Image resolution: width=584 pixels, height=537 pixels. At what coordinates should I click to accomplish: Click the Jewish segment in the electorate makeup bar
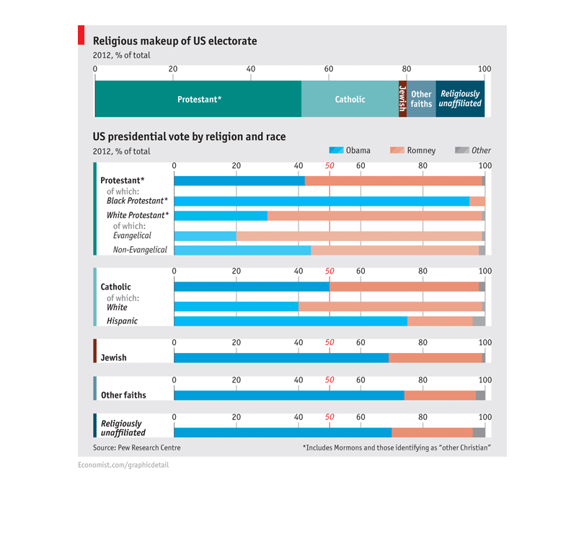coord(402,99)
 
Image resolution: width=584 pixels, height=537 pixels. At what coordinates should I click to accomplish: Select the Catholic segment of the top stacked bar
coord(350,99)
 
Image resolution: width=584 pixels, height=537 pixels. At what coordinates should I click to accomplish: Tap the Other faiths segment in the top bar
coord(421,99)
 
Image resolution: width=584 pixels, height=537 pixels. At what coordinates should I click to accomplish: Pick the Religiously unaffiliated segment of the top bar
coord(460,99)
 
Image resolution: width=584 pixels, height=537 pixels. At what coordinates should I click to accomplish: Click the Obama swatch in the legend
coord(336,150)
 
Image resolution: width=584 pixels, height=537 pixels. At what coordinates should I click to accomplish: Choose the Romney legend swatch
coord(397,150)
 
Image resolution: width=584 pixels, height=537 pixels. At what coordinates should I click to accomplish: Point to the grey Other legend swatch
coord(462,150)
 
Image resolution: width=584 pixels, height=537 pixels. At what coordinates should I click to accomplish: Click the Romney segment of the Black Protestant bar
coord(477,201)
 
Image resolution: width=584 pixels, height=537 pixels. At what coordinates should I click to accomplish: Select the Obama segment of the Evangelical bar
coord(205,236)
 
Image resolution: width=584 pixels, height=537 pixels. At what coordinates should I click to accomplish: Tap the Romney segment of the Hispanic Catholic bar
coord(441,321)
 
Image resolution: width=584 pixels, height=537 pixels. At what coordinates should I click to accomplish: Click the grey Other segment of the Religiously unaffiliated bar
coord(479,432)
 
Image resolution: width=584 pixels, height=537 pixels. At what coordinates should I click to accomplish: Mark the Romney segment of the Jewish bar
coord(435,358)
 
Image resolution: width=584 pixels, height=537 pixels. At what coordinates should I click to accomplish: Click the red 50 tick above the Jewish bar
coord(329,342)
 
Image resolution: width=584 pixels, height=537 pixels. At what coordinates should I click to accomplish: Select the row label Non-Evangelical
coord(140,250)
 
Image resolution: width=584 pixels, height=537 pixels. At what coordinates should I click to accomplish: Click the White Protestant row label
coord(138,215)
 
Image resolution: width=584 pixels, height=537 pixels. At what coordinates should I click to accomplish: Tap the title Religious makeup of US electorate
coord(174,40)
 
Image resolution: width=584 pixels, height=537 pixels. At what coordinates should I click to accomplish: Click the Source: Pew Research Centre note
coord(137,447)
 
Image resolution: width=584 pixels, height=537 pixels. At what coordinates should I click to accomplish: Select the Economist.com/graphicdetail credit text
coord(123,465)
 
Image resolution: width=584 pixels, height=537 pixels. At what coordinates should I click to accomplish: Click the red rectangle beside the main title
coord(81,35)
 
